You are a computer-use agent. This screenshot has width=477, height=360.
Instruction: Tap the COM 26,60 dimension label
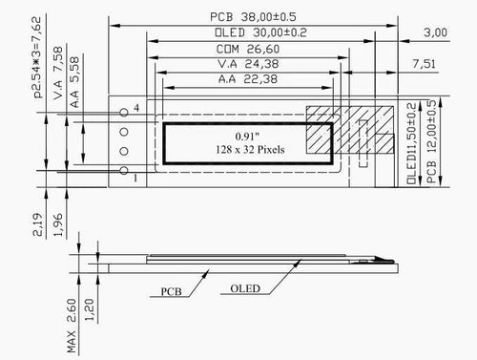pyautogui.click(x=248, y=49)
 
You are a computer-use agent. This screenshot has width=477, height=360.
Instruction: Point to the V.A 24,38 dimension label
pyautogui.click(x=248, y=64)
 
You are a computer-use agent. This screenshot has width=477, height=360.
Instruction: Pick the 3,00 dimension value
pyautogui.click(x=434, y=32)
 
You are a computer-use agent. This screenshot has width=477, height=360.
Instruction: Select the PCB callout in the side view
pyautogui.click(x=172, y=290)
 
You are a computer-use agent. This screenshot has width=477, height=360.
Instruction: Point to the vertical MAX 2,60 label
pyautogui.click(x=73, y=328)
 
